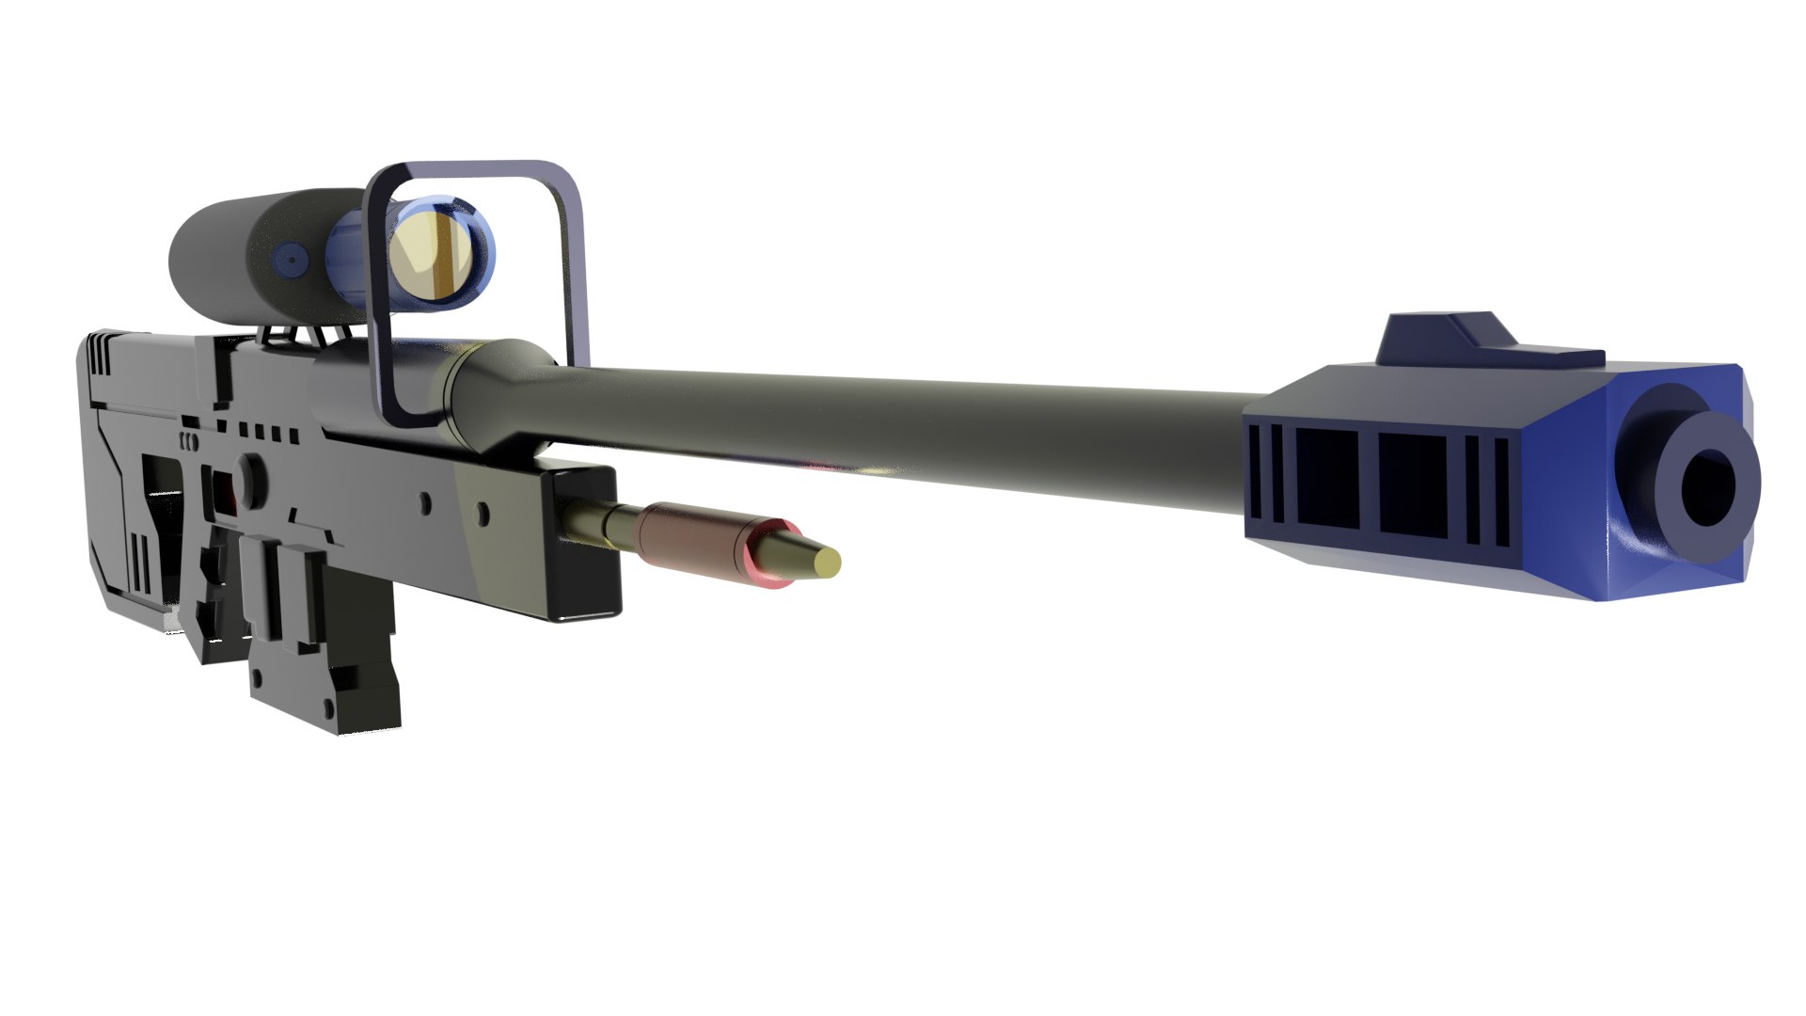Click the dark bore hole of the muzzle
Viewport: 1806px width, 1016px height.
[1707, 486]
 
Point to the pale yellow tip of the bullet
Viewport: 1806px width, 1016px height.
[828, 563]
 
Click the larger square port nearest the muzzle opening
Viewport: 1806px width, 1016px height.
[1411, 487]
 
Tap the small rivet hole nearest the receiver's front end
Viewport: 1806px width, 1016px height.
[483, 513]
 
